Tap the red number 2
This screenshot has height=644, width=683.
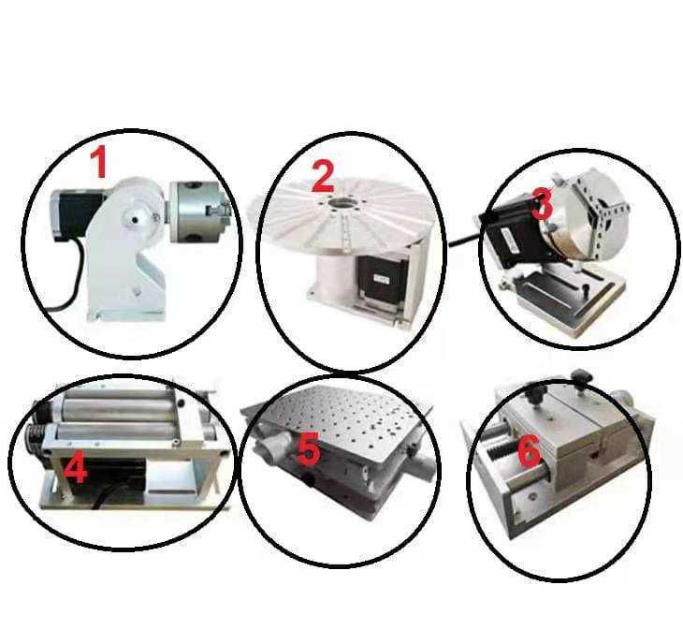pos(323,176)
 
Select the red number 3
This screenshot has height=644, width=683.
pos(543,203)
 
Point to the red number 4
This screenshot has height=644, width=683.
pos(75,467)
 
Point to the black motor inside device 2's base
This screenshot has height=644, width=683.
pos(380,278)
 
